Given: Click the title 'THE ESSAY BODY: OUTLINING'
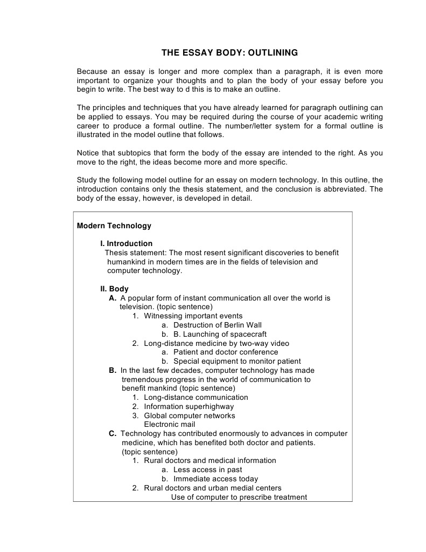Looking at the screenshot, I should [x=229, y=53].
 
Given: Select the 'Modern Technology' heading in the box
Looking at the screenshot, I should [x=114, y=226].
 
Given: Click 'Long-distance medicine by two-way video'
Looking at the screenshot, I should [x=216, y=343].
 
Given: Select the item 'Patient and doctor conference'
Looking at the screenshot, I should [x=226, y=352].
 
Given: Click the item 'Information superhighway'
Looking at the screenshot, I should [x=188, y=406].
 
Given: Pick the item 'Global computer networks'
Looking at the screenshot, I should [x=189, y=415].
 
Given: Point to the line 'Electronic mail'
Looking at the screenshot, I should [x=170, y=425].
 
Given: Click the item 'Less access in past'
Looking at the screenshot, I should [x=207, y=470].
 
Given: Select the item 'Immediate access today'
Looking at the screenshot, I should [x=215, y=479].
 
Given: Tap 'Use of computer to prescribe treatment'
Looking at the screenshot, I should [x=239, y=498].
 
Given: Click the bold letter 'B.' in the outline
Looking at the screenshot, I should [x=113, y=371].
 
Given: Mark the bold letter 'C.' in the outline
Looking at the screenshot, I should [x=113, y=434].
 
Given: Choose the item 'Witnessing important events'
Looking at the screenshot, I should [x=193, y=316].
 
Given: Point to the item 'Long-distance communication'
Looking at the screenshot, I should [x=196, y=398].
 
